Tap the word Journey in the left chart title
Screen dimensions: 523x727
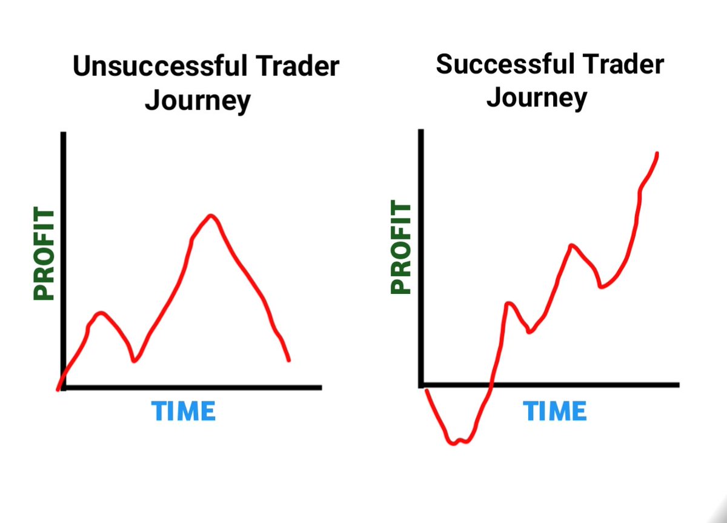(x=198, y=101)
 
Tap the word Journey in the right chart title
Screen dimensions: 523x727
(x=537, y=98)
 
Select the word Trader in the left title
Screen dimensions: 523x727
(x=302, y=67)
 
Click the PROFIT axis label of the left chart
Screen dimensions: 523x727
(x=44, y=254)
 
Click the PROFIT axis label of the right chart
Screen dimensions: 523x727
(x=401, y=248)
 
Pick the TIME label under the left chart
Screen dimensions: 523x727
(x=184, y=411)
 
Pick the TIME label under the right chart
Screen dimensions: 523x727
(x=555, y=411)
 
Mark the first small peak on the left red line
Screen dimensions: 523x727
(x=101, y=313)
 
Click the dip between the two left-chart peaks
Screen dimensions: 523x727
(x=134, y=361)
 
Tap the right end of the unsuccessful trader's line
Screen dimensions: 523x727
(x=288, y=361)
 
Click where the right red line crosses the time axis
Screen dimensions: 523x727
(x=491, y=385)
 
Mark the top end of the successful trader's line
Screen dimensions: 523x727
(x=657, y=153)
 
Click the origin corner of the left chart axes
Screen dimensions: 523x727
(x=63, y=387)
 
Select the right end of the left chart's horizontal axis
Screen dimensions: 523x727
(x=320, y=387)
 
